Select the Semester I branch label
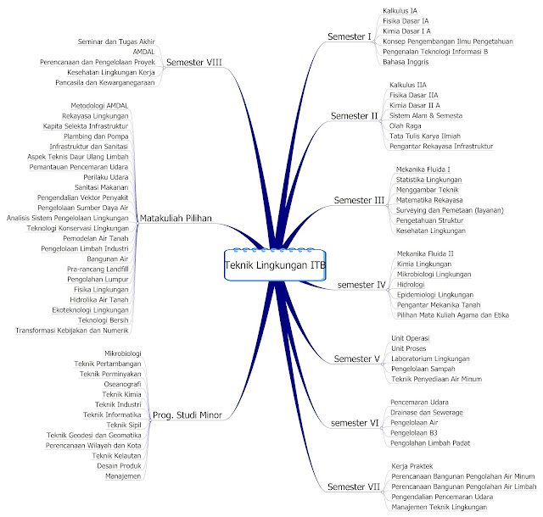(x=350, y=36)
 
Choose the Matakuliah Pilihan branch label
(x=177, y=217)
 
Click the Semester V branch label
(x=356, y=359)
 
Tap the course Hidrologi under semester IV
(x=413, y=285)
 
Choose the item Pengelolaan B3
(x=416, y=432)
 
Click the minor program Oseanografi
(x=122, y=384)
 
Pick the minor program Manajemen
(x=123, y=475)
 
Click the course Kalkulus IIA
(x=408, y=86)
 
